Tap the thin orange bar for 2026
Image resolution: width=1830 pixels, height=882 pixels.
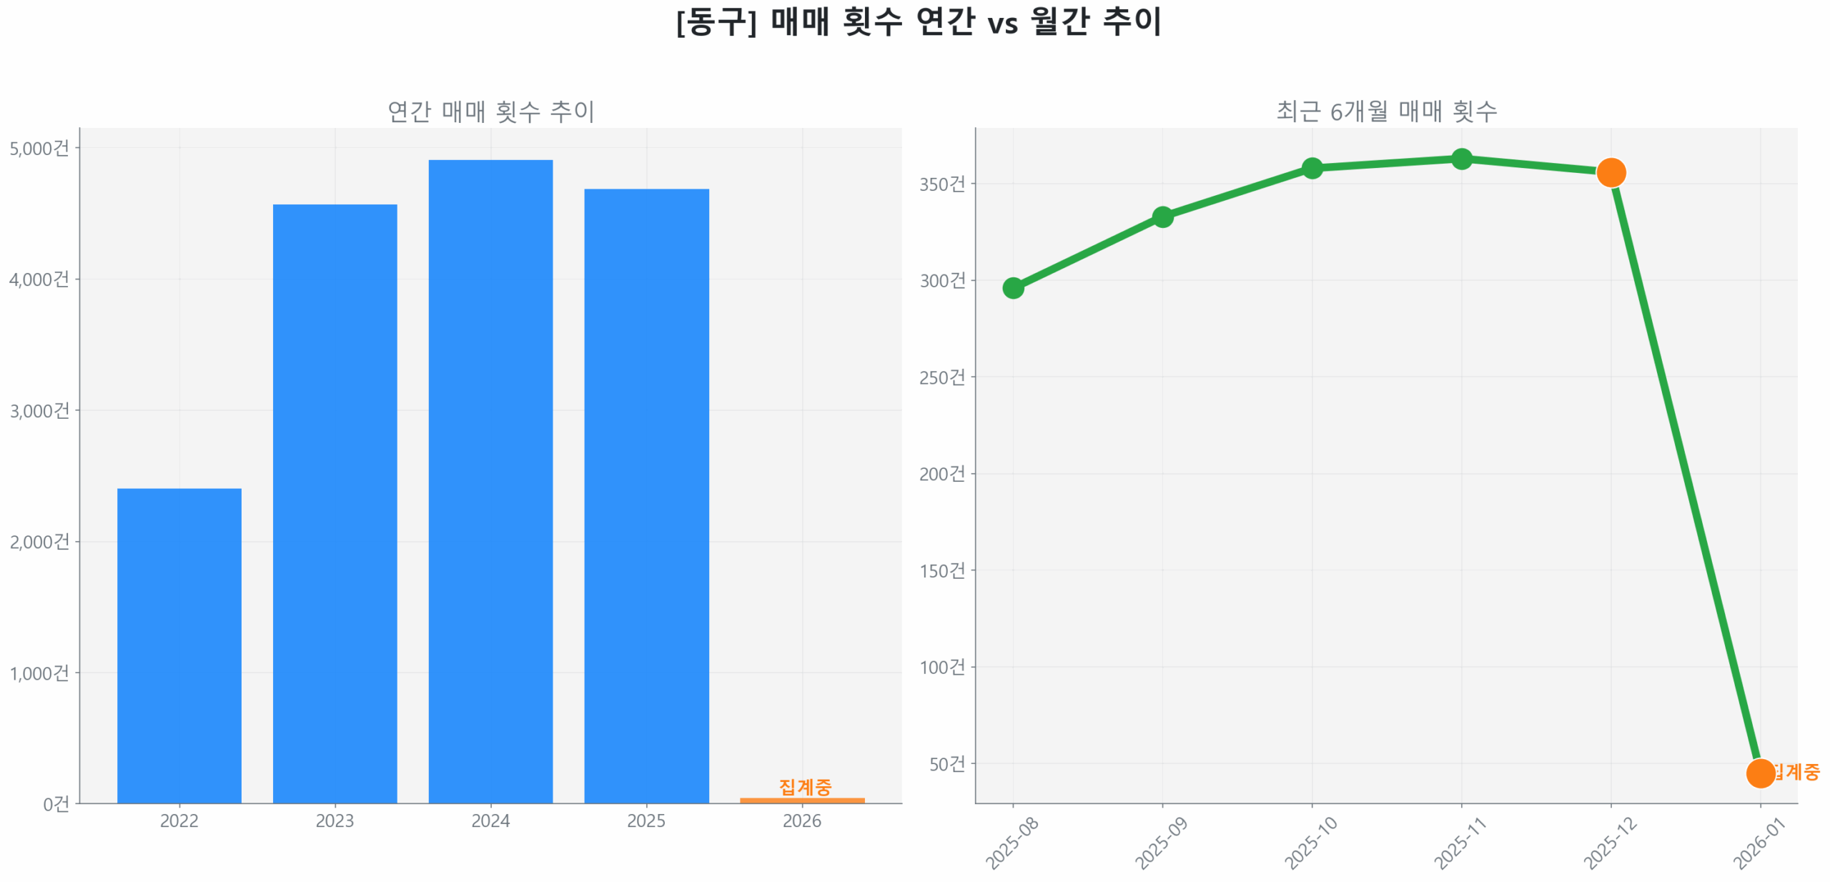point(801,800)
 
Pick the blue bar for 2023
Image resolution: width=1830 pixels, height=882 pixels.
point(335,503)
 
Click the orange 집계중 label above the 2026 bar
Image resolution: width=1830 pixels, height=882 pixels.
point(805,786)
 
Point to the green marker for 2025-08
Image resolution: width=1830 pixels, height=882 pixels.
point(1012,288)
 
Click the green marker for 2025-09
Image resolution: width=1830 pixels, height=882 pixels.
point(1162,217)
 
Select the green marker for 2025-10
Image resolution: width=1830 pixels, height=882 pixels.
point(1312,168)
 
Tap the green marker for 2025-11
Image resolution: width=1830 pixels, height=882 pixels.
point(1462,159)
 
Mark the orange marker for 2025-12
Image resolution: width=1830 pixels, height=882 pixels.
point(1611,172)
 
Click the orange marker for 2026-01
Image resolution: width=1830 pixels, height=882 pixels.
point(1760,773)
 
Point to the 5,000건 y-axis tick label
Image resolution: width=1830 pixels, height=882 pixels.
point(39,148)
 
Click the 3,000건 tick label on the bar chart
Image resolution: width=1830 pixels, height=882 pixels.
point(39,410)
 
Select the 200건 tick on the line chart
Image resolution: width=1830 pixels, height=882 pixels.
point(942,473)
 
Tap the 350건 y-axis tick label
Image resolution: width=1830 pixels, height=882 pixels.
point(942,184)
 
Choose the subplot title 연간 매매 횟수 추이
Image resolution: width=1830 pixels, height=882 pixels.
point(490,111)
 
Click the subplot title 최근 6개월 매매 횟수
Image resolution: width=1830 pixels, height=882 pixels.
point(1386,111)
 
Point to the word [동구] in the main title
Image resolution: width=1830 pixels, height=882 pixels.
point(716,21)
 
